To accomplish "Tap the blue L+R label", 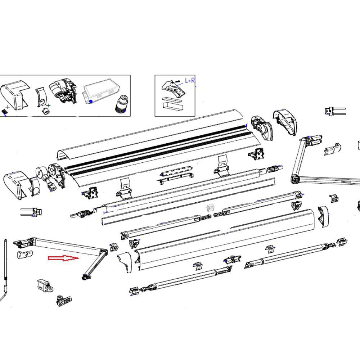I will [x=190, y=81].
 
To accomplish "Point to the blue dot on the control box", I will [x=91, y=102].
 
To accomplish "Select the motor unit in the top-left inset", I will [x=63, y=92].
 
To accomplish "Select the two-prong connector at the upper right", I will [x=334, y=111].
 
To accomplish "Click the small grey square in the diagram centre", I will [x=210, y=208].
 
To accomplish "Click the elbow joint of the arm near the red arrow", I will [x=103, y=251].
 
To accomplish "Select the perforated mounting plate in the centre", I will [x=175, y=172].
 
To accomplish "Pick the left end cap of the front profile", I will [x=125, y=262].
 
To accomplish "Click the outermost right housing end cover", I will [x=285, y=123].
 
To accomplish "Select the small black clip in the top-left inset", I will [x=5, y=111].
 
